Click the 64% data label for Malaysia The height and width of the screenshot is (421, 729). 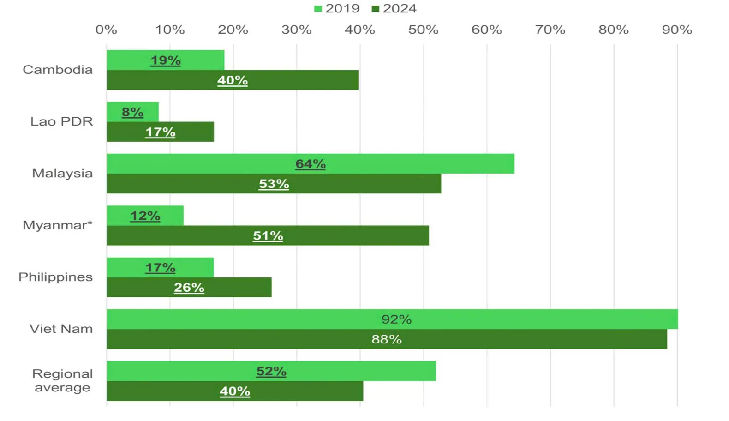click(311, 164)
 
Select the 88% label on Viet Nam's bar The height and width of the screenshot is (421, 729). click(387, 339)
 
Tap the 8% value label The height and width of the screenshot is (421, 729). click(132, 112)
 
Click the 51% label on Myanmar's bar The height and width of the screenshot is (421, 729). click(268, 236)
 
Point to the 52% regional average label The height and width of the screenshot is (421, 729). click(271, 371)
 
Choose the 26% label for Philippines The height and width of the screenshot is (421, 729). click(189, 288)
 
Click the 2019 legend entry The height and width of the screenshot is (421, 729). click(337, 8)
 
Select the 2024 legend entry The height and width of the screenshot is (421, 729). click(394, 8)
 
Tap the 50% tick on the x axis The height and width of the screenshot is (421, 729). click(423, 30)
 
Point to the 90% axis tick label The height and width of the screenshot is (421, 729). click(677, 30)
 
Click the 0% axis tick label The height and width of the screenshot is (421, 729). click(106, 30)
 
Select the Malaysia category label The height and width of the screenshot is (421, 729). click(62, 173)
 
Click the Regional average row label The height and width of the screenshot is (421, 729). click(62, 380)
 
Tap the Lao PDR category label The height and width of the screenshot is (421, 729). click(61, 121)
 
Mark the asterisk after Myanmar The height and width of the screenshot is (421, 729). click(90, 223)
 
